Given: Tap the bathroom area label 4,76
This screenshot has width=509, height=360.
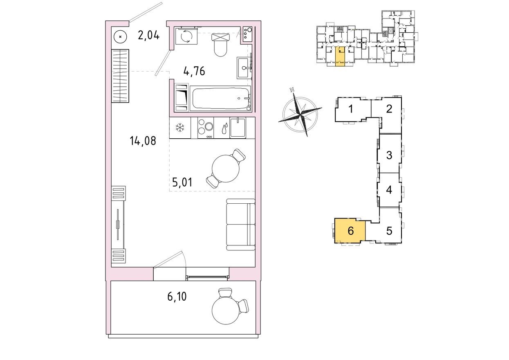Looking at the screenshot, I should click(194, 72).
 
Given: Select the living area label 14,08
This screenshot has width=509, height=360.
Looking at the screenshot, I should click(143, 142).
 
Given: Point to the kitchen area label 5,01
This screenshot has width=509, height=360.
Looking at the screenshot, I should click(182, 182).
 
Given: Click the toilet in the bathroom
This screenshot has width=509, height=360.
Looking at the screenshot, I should click(221, 45).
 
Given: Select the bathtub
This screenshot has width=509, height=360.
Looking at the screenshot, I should click(220, 98).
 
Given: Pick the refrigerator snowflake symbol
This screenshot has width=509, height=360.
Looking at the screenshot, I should click(179, 128).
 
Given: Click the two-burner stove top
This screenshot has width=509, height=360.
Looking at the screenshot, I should click(205, 128).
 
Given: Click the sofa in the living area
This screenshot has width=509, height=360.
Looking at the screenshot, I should click(240, 225).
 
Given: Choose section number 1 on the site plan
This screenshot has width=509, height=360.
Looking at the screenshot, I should click(350, 109).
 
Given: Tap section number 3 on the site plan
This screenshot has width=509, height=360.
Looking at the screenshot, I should click(389, 155).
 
